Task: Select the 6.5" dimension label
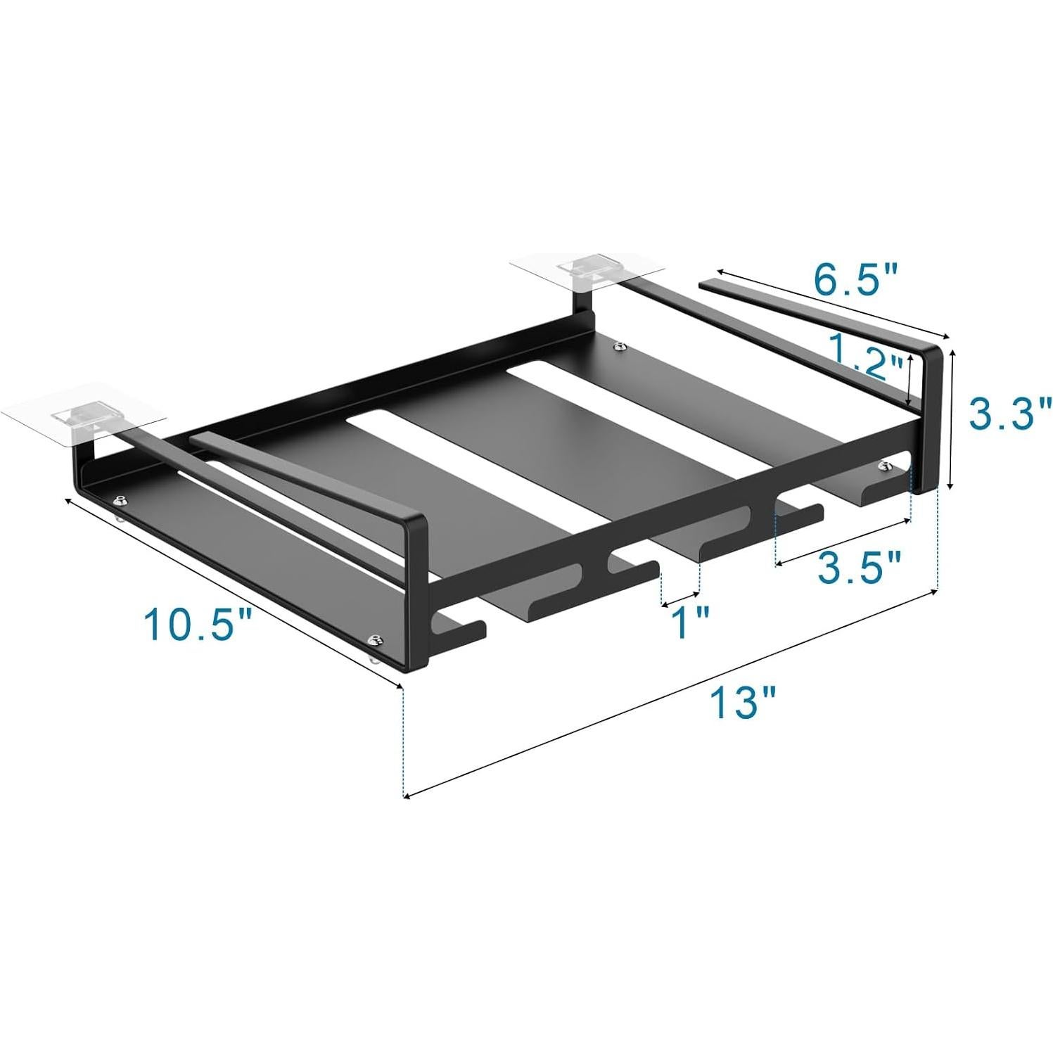(x=855, y=280)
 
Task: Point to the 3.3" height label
(x=1010, y=414)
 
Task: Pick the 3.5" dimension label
(x=859, y=567)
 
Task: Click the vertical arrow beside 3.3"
(x=952, y=420)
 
